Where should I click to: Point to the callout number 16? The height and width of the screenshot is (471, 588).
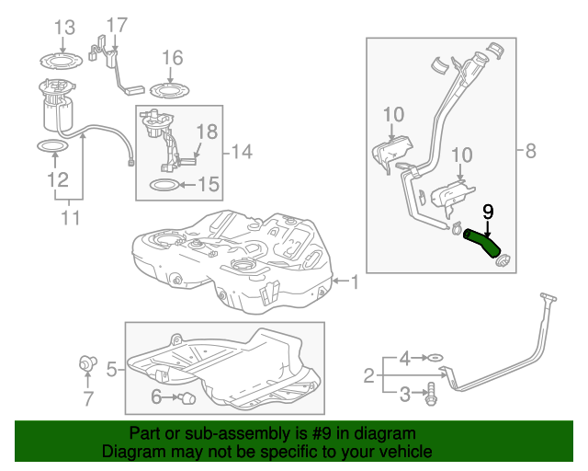(x=173, y=59)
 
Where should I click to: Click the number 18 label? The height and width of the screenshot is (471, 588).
(x=207, y=132)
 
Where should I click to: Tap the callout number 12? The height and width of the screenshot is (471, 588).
(x=57, y=178)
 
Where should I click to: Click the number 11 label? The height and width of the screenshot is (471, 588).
(x=70, y=218)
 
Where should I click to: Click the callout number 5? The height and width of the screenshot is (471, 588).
(x=111, y=370)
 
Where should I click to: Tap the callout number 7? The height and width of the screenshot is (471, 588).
(x=88, y=398)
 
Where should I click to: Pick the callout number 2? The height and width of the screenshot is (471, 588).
(x=368, y=374)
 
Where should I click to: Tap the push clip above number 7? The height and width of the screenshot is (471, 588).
(x=88, y=362)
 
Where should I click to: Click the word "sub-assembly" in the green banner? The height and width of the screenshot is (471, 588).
(x=230, y=433)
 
